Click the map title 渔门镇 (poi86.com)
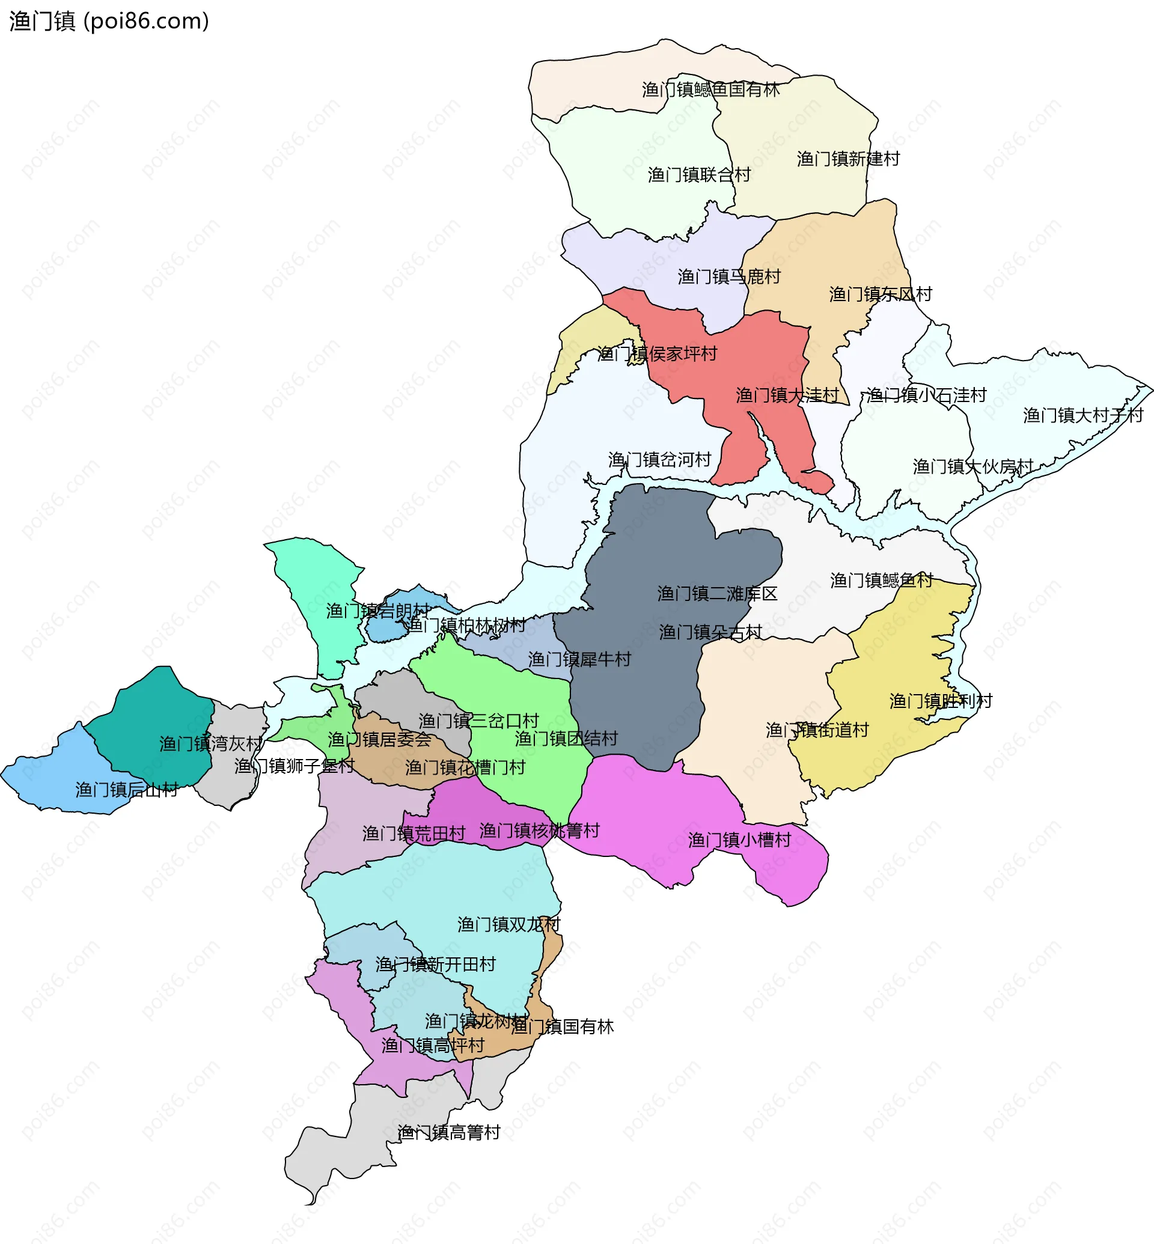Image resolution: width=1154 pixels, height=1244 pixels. pyautogui.click(x=109, y=21)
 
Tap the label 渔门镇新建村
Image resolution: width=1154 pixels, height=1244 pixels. pyautogui.click(x=848, y=159)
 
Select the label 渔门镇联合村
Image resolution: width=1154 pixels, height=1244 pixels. pyautogui.click(x=699, y=175)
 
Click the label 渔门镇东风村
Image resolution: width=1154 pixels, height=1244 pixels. pyautogui.click(x=880, y=294)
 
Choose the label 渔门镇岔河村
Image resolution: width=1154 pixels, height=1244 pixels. pyautogui.click(x=659, y=460)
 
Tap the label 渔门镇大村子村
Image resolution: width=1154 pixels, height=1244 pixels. pyautogui.click(x=1083, y=415)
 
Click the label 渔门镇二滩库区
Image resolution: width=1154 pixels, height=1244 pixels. pyautogui.click(x=717, y=594)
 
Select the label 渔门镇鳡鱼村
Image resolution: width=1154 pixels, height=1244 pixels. pyautogui.click(x=881, y=581)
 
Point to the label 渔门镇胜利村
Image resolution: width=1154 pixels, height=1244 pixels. pyautogui.click(x=941, y=701)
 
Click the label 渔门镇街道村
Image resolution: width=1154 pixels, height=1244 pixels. pyautogui.click(x=817, y=730)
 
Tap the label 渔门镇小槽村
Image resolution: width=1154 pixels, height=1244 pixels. pyautogui.click(x=739, y=840)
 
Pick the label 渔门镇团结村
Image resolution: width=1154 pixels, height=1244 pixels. pyautogui.click(x=566, y=739)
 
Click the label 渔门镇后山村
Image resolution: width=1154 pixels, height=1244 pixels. pyautogui.click(x=127, y=790)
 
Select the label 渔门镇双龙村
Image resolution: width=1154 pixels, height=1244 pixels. pyautogui.click(x=508, y=924)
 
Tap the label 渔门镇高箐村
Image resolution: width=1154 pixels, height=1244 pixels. pyautogui.click(x=448, y=1132)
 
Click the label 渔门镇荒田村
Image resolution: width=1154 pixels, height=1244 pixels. pyautogui.click(x=414, y=834)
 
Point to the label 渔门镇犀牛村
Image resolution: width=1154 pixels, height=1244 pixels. pyautogui.click(x=579, y=659)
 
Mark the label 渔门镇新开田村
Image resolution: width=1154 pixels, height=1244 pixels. pyautogui.click(x=435, y=964)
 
